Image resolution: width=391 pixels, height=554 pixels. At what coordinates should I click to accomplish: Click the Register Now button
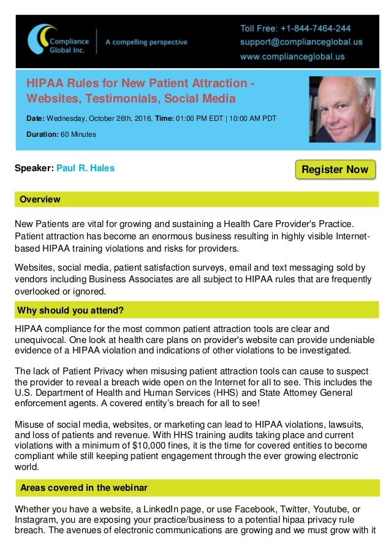click(335, 169)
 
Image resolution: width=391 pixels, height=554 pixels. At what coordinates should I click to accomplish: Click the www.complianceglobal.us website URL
click(292, 57)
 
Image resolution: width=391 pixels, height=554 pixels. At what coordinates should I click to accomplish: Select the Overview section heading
click(40, 199)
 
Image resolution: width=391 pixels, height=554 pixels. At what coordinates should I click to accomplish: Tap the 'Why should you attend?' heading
click(71, 308)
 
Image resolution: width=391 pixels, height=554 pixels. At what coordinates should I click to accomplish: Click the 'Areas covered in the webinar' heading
click(83, 488)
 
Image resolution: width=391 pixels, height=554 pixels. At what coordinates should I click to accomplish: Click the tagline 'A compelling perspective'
click(146, 42)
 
